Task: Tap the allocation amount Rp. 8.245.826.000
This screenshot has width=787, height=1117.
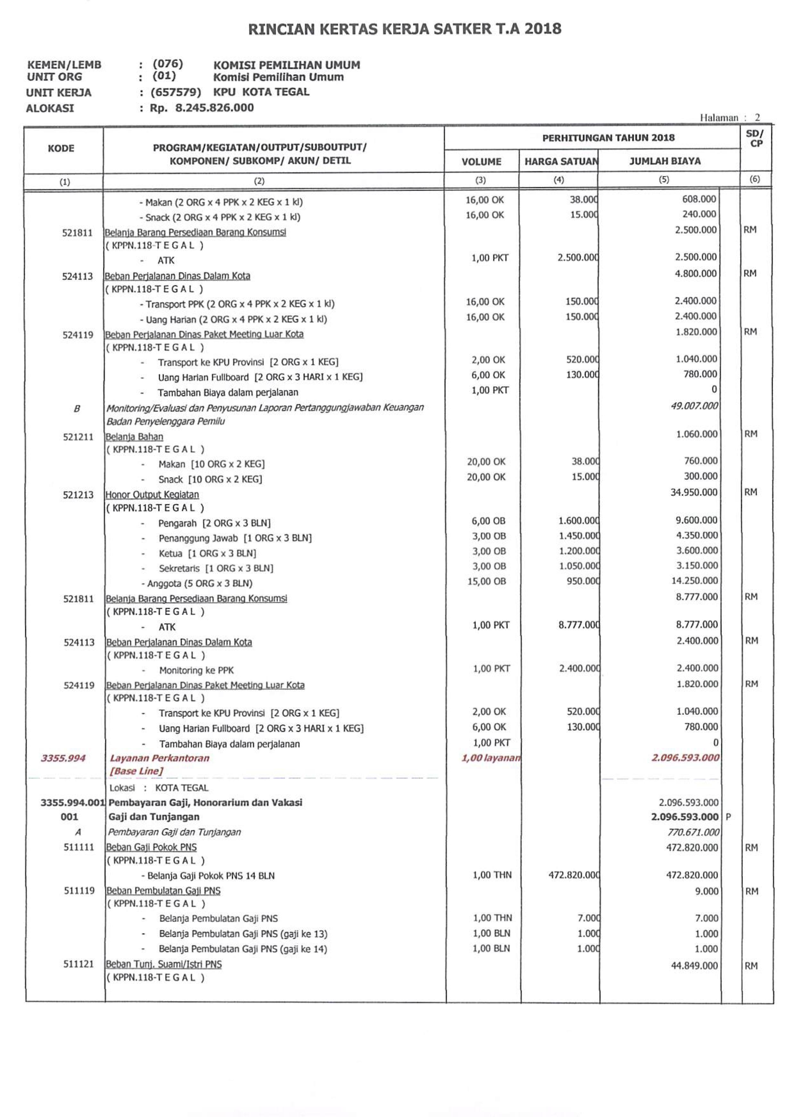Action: (x=201, y=108)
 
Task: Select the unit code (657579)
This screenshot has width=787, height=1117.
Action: (x=175, y=92)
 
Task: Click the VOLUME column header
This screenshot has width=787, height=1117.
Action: (x=481, y=161)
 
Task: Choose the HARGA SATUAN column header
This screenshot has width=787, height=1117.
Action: (x=560, y=161)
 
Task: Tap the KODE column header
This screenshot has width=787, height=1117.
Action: (x=61, y=148)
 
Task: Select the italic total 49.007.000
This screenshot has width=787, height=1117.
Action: (x=694, y=406)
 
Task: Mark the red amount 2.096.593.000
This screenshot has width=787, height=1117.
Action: (x=685, y=757)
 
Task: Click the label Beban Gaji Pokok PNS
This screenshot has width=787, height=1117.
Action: (x=151, y=847)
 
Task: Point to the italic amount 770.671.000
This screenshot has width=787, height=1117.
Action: (x=694, y=832)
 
